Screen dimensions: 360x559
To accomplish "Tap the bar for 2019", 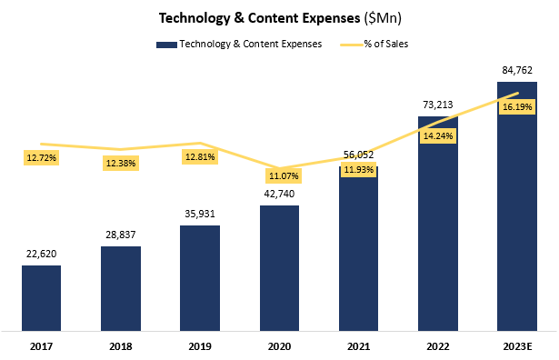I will tap(200, 277).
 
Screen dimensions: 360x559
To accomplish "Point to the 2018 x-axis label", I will tap(120, 345).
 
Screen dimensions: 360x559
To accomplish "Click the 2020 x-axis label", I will tap(279, 345).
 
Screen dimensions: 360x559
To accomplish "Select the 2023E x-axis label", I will tap(517, 345).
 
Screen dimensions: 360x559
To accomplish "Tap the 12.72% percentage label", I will tap(41, 157).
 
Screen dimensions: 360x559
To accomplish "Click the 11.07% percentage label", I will tap(280, 175).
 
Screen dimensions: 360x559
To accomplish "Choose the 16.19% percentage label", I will tap(517, 105).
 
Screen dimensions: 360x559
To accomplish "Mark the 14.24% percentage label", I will tap(438, 135).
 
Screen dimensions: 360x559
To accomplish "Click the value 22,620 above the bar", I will tap(41, 254).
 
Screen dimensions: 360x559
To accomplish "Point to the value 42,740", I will tap(279, 194).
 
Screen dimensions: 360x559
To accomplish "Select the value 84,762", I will tap(517, 70).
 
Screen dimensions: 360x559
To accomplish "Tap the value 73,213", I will tap(438, 104).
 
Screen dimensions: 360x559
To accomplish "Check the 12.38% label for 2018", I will tap(121, 163).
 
